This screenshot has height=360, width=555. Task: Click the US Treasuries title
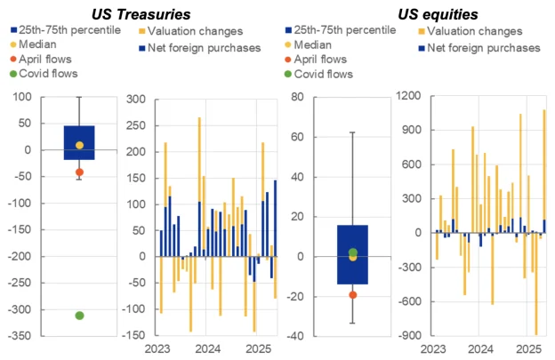pyautogui.click(x=143, y=13)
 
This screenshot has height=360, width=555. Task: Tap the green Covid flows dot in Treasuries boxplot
pyautogui.click(x=79, y=316)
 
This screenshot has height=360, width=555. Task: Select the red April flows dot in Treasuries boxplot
pyautogui.click(x=79, y=172)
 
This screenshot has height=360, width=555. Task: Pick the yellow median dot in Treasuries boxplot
pyautogui.click(x=79, y=145)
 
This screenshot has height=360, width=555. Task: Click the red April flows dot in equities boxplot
pyautogui.click(x=353, y=294)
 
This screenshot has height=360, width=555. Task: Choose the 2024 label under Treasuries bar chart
pyautogui.click(x=208, y=350)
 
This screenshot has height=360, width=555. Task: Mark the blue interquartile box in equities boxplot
pyautogui.click(x=353, y=254)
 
